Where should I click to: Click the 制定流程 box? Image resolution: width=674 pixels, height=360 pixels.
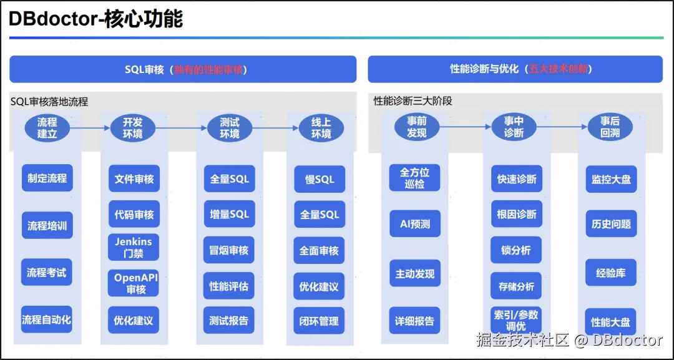[47, 178]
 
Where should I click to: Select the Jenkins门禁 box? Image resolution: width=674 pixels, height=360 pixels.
[134, 248]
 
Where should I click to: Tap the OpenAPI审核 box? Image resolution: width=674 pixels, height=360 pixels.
[134, 283]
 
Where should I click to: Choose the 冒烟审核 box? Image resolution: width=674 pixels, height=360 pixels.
[229, 250]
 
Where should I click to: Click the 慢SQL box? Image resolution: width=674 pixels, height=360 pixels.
[320, 179]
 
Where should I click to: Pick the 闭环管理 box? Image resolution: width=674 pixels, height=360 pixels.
[320, 321]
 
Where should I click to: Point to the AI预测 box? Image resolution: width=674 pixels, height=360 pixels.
[415, 223]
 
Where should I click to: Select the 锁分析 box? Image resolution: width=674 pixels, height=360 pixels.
[516, 250]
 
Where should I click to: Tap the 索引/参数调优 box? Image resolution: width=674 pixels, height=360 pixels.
[516, 320]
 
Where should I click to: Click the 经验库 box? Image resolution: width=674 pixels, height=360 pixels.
[611, 273]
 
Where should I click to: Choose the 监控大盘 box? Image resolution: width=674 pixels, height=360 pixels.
[611, 179]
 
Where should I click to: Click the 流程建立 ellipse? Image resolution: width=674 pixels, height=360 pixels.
[47, 127]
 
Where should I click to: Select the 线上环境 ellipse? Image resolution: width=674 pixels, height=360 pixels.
[321, 128]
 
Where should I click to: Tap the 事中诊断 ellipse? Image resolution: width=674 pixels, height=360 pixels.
[514, 127]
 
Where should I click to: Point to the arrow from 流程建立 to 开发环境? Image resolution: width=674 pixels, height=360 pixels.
[90, 127]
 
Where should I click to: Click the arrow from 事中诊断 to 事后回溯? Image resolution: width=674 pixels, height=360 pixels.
[562, 127]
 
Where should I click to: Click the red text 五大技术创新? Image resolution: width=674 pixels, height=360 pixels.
[558, 69]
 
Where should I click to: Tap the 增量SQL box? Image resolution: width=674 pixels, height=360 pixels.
[229, 214]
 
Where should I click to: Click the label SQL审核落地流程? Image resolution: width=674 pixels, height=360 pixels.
[49, 102]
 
